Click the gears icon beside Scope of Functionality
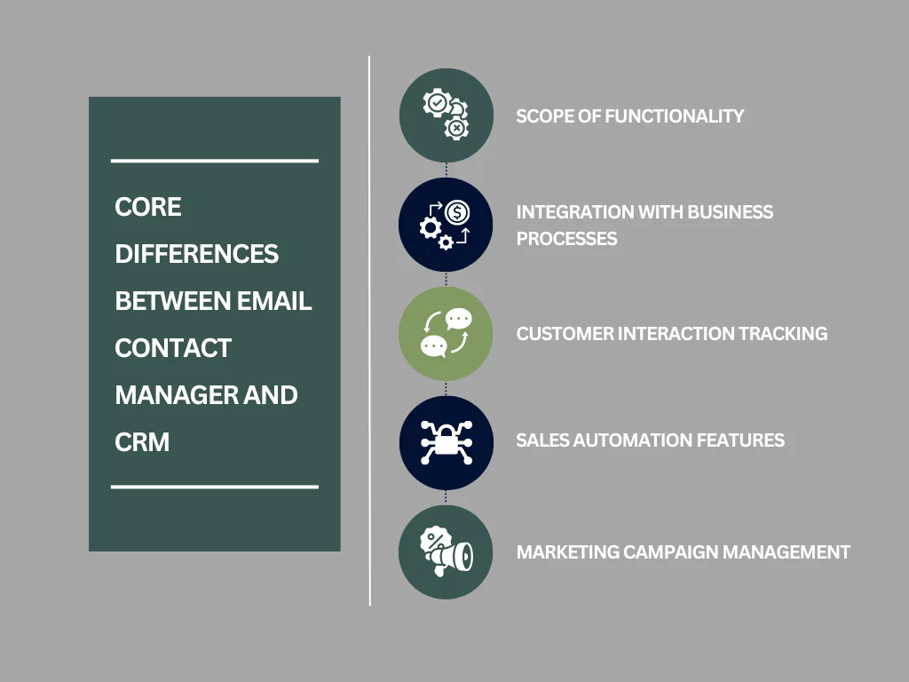(446, 115)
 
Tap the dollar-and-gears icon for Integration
(446, 225)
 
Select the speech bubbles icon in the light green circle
(446, 334)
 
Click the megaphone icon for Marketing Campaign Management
(446, 551)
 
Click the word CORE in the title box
(148, 207)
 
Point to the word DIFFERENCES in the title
(197, 254)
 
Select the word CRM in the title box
(142, 441)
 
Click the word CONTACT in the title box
(173, 347)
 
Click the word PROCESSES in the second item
(567, 238)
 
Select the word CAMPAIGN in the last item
(670, 551)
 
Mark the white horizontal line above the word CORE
(214, 161)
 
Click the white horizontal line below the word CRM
(214, 487)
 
